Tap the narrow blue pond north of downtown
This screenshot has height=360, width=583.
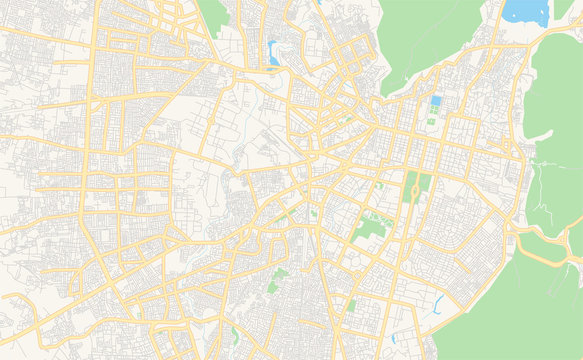point(273,52)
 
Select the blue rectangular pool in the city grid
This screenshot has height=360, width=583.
point(434,102)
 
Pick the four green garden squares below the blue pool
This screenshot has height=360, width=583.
point(431,121)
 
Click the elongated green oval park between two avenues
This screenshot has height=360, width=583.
point(412,186)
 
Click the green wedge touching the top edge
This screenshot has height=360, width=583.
point(213,14)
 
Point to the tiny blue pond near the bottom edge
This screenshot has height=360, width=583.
point(405,336)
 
